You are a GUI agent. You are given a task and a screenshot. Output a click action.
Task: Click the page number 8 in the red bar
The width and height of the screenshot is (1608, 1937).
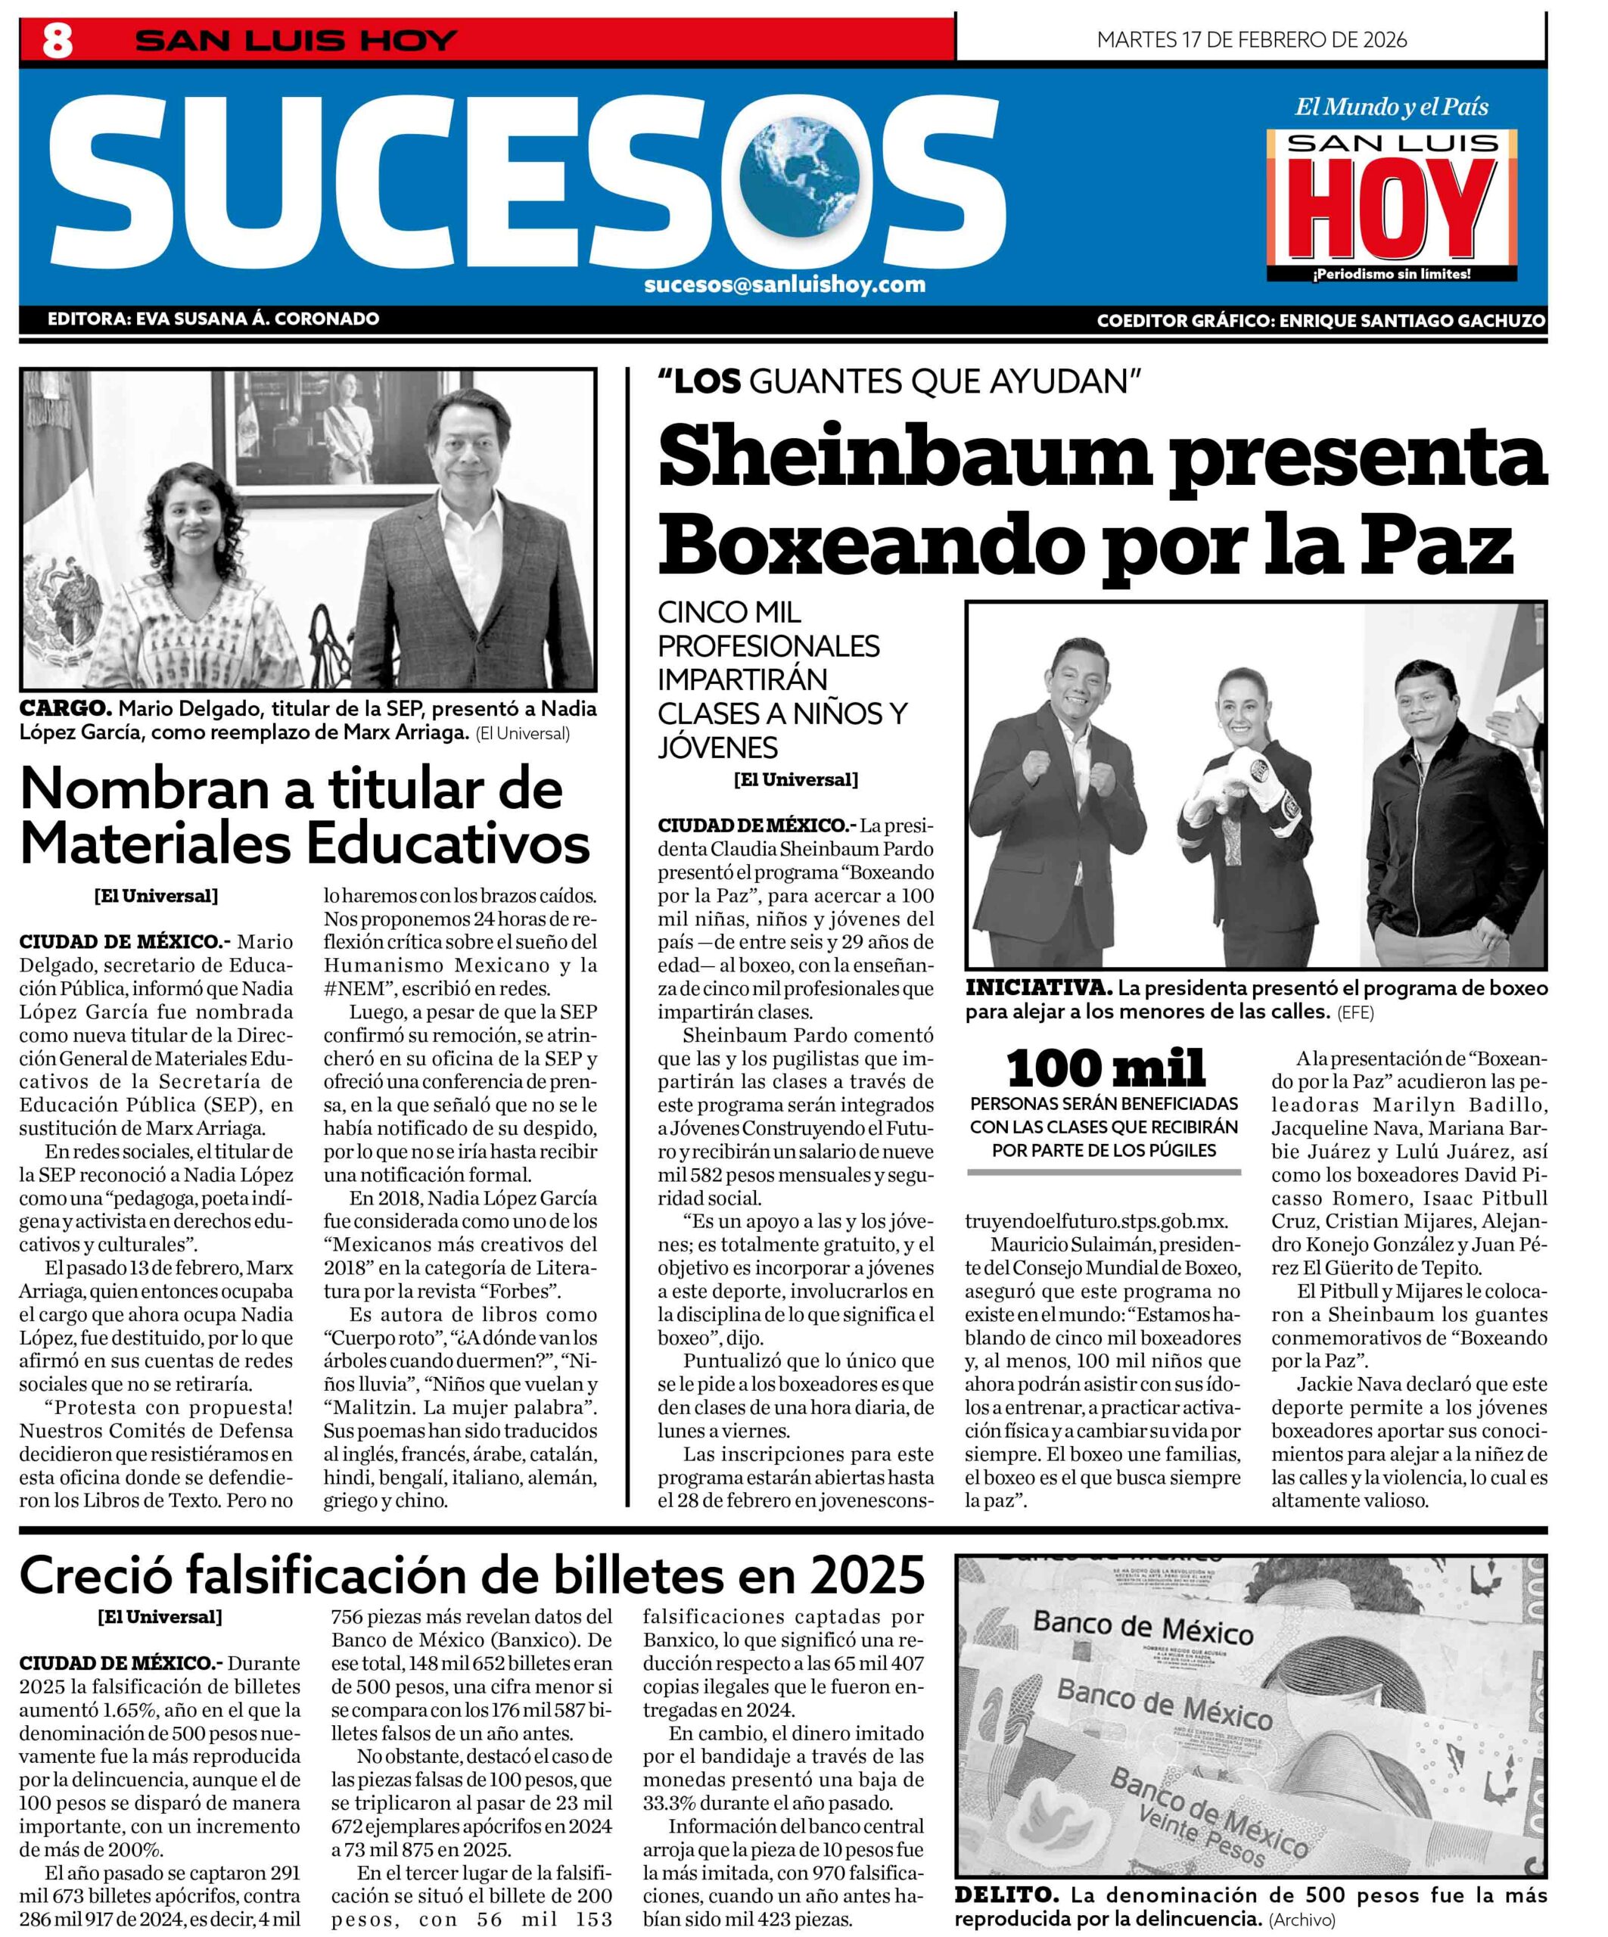tap(58, 42)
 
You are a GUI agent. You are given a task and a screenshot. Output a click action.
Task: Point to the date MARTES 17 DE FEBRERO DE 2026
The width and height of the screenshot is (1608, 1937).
tap(1251, 39)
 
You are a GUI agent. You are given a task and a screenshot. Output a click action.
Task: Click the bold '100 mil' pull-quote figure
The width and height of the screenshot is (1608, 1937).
tap(1106, 1068)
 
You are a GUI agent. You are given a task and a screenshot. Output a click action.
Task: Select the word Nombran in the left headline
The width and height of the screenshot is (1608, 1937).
tap(144, 788)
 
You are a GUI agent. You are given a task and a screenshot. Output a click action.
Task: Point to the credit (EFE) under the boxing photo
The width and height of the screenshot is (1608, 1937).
tap(1351, 1012)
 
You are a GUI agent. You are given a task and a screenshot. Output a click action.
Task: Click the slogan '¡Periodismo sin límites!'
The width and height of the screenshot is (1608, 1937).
tap(1391, 274)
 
